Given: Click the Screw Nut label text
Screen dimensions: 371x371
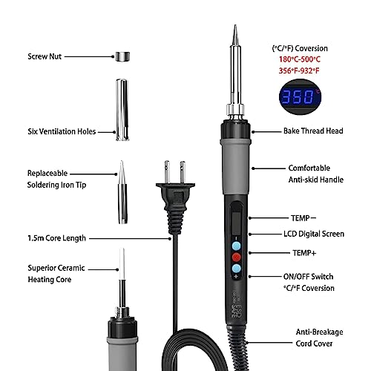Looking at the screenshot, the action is [x=45, y=56].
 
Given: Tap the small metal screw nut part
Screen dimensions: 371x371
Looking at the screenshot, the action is [x=122, y=56].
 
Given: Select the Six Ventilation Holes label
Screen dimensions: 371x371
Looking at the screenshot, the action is [x=62, y=131].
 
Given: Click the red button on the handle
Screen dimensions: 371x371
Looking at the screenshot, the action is [x=236, y=257].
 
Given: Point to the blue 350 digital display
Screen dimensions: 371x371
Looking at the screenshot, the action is [x=300, y=96].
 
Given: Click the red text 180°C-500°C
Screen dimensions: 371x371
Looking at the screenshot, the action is [x=300, y=59].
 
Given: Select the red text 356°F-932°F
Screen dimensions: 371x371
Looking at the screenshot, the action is [x=299, y=70].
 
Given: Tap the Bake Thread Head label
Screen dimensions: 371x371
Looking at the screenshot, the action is [x=313, y=131].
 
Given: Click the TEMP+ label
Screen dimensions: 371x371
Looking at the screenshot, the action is [x=304, y=253].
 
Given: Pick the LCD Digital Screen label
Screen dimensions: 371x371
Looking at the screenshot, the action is [x=314, y=234].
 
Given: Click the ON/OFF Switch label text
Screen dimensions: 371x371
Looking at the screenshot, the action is [x=308, y=277].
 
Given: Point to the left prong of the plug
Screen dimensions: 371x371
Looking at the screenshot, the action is [x=167, y=172].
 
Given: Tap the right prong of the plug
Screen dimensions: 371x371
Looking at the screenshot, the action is [x=183, y=172].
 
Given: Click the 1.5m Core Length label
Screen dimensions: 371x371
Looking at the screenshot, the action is [x=56, y=238].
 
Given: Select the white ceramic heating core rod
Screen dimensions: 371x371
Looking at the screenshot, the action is [x=122, y=263].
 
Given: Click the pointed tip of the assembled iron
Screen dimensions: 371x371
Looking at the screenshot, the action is [x=235, y=25].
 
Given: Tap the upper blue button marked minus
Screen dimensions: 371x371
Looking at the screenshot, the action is [x=236, y=246].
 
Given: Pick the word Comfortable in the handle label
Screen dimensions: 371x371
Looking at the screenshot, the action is [x=309, y=168].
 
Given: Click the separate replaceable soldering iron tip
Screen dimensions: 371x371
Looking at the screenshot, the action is [x=122, y=192].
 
